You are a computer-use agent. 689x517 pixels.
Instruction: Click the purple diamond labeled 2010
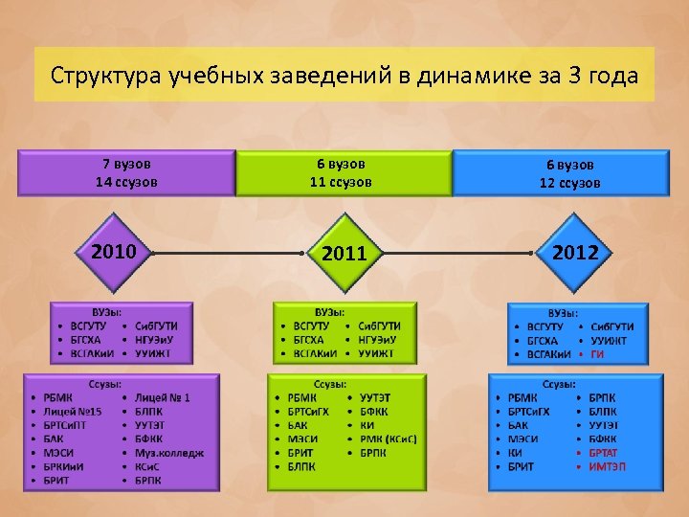point(113,252)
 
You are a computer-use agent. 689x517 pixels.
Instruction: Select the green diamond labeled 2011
point(344,254)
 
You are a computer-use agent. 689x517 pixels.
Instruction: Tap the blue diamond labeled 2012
point(574,253)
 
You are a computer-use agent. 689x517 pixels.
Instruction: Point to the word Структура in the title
point(106,75)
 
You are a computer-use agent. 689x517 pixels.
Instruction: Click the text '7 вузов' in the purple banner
point(126,164)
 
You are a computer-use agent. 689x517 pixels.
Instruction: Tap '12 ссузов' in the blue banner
point(569,183)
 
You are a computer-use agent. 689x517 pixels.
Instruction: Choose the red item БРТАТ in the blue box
point(603,452)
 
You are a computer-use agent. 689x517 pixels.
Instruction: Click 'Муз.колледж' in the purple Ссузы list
point(168,452)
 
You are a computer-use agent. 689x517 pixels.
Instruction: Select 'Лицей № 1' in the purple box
point(162,397)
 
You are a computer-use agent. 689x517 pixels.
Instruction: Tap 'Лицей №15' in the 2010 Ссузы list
point(72,411)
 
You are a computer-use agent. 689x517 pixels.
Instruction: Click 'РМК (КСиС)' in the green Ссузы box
point(388,438)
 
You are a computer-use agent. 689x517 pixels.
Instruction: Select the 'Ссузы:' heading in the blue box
point(561,383)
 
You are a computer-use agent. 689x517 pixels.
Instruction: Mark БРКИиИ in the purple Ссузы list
point(64,465)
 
